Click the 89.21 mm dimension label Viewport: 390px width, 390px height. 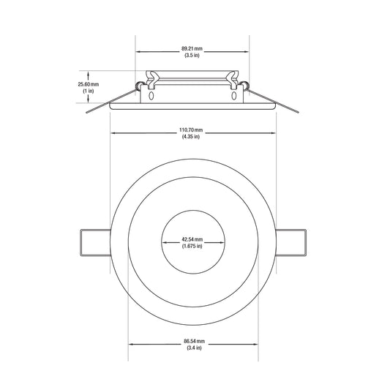(192, 48)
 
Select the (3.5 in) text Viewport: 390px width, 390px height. (192, 55)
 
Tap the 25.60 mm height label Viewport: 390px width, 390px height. (89, 84)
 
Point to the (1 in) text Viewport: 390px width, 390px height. (89, 91)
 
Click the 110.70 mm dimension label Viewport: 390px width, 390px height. (191, 130)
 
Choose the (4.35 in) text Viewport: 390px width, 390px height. (191, 137)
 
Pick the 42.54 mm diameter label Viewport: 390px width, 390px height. (192, 239)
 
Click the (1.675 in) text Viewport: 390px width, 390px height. (192, 246)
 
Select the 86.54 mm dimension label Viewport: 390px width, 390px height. (194, 341)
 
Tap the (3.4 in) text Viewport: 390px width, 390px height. (194, 348)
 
